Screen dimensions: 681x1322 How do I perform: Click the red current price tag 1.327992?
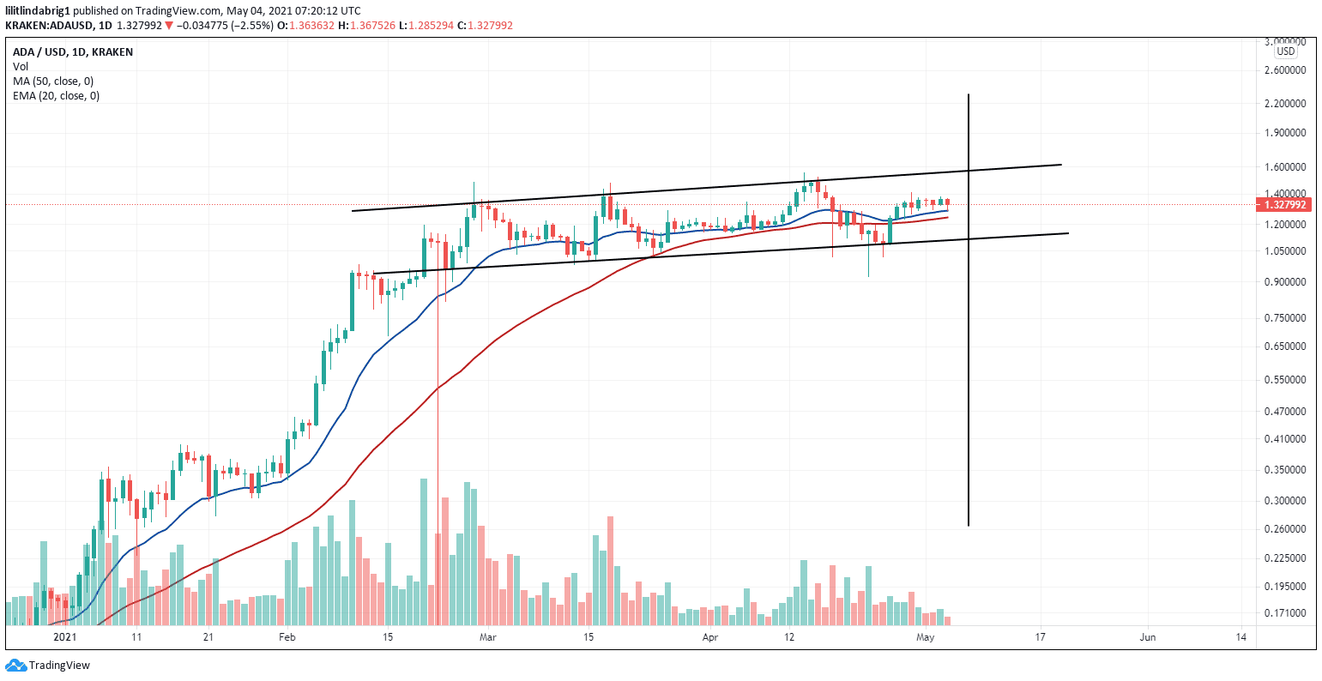[x=1284, y=205]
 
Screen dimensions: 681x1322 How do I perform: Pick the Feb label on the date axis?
[x=287, y=638]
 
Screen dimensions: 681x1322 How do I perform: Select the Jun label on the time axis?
[x=1147, y=638]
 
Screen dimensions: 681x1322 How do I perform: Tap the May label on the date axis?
[x=925, y=638]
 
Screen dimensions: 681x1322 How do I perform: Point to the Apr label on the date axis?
[x=709, y=638]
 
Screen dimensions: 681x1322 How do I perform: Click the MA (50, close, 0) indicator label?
[x=53, y=81]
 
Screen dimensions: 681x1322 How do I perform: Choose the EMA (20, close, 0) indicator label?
[x=56, y=96]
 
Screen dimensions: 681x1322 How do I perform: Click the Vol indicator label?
[x=20, y=67]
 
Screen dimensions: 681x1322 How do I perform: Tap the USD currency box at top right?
[x=1284, y=51]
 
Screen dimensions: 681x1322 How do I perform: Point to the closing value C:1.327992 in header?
[x=485, y=26]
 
